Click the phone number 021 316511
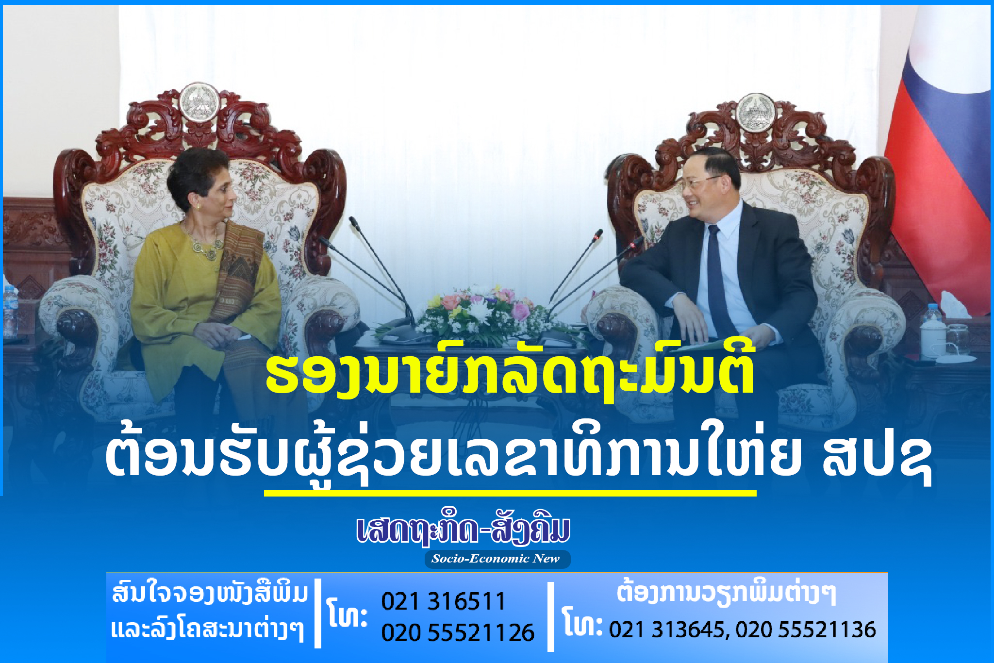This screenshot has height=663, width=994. tap(444, 601)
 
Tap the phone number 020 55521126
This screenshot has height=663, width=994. tap(458, 632)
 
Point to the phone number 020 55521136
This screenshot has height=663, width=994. tap(806, 630)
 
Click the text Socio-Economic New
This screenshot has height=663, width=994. tap(496, 559)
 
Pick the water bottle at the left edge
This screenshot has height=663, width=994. tap(10, 311)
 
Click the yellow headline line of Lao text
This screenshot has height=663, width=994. tap(510, 376)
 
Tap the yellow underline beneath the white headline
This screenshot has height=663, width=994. tap(510, 493)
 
